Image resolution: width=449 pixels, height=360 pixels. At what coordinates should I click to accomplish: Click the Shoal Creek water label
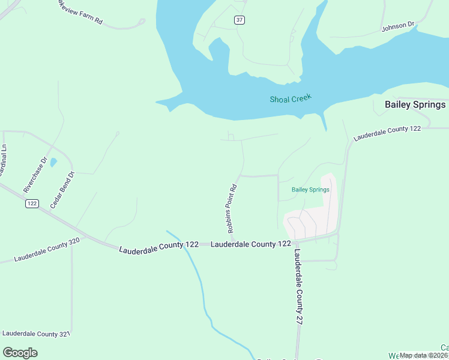291,99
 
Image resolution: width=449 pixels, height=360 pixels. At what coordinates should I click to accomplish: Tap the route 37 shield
240,20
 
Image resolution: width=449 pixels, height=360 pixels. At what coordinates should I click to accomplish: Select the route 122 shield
32,203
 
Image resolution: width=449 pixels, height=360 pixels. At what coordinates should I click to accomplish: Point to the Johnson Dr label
398,26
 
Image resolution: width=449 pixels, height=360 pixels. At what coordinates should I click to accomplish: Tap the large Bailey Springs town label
415,104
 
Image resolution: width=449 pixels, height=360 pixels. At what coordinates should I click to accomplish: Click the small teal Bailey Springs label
310,190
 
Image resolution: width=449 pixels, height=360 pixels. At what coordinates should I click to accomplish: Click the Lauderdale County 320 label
47,250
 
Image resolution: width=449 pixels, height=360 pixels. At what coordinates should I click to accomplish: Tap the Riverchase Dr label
35,175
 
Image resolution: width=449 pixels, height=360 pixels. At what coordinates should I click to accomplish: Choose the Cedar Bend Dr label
62,190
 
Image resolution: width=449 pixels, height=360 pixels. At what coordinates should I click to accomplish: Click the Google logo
20,352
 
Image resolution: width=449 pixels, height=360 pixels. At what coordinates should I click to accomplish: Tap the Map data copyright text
424,355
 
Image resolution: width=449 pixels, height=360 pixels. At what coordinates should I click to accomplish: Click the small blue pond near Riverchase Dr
53,162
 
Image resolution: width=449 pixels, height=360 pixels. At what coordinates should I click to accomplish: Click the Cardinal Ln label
4,159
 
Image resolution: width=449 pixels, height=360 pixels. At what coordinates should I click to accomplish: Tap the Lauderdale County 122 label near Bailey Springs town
387,133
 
